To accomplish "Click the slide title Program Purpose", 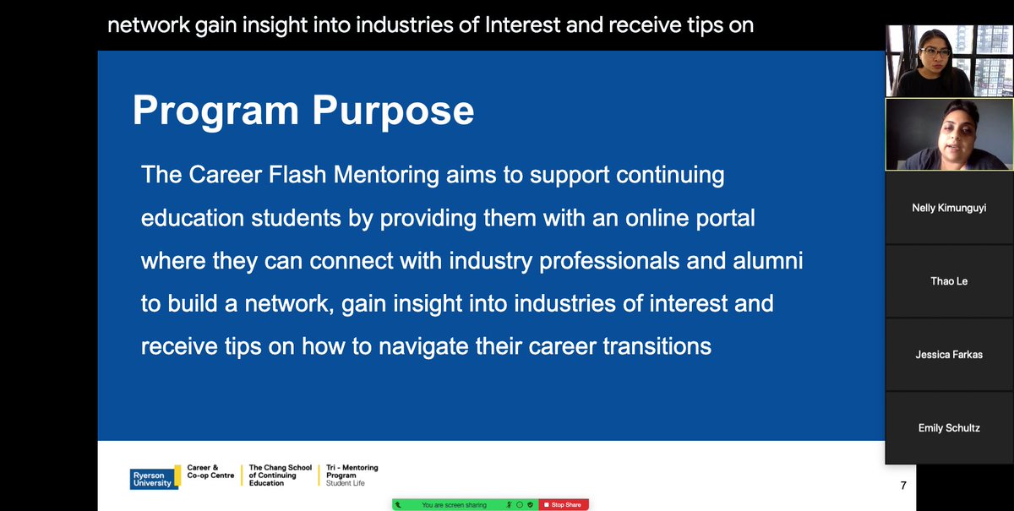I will click(x=303, y=111).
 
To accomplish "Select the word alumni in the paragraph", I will click(x=764, y=260).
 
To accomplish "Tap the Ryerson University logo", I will click(x=151, y=478).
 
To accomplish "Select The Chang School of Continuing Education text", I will click(x=280, y=475).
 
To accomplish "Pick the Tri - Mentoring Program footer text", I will click(x=352, y=475).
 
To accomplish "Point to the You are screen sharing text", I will click(x=454, y=504).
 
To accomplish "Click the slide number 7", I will click(x=903, y=486).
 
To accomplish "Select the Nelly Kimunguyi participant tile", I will click(x=948, y=208).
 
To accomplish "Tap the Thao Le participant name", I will click(x=948, y=281).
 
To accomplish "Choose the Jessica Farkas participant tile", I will click(x=948, y=355).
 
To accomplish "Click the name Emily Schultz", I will click(x=948, y=428).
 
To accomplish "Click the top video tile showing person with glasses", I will click(x=948, y=61).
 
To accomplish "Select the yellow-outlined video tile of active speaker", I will click(x=948, y=134).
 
